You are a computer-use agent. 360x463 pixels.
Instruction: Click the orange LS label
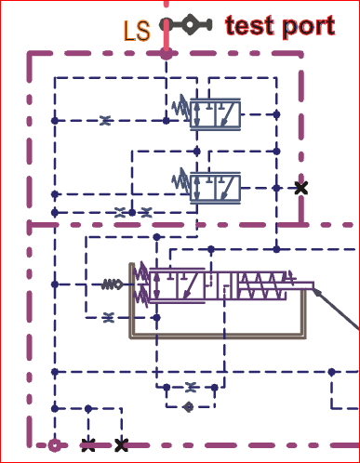[137, 31]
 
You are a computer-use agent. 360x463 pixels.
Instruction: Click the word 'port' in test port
[309, 27]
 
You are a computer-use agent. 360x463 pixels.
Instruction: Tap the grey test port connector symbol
[186, 24]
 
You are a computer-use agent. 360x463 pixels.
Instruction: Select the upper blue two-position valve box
[215, 114]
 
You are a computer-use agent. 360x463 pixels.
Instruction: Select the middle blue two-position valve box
[215, 188]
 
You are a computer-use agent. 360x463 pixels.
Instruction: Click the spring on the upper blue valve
[181, 108]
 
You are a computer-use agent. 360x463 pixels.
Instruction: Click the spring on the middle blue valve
[181, 181]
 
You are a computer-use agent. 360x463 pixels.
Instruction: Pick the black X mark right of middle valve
[301, 188]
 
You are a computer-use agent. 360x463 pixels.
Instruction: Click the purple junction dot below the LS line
[167, 55]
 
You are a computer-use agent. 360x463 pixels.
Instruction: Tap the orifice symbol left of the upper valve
[105, 120]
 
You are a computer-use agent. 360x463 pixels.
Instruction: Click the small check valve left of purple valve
[112, 284]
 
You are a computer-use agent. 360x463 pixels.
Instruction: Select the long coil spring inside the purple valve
[262, 285]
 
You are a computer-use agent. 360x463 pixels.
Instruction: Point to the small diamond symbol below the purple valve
[188, 406]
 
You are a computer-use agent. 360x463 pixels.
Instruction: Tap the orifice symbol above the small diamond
[192, 387]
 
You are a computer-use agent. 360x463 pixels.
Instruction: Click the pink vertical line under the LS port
[167, 35]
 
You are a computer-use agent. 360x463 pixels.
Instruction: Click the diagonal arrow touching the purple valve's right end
[337, 309]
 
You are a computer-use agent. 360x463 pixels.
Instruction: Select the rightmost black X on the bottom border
[121, 445]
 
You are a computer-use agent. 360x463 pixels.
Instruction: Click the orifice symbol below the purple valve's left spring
[109, 317]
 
